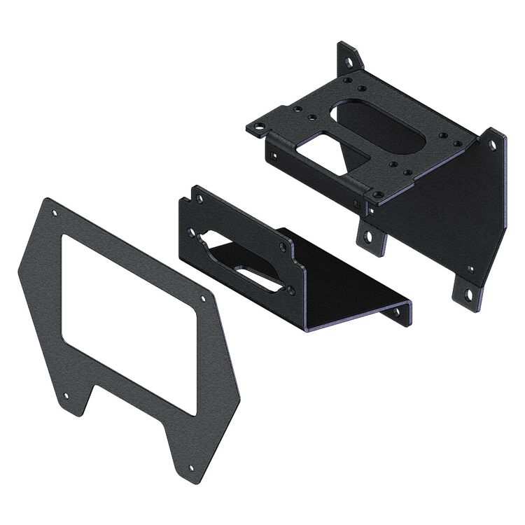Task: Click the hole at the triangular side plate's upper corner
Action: point(492,146)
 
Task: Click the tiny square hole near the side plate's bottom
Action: point(470,268)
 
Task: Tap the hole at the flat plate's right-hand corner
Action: point(203,300)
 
